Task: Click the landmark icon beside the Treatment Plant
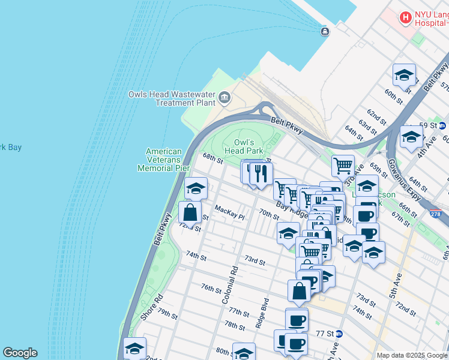pos(224,97)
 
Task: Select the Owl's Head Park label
pos(244,146)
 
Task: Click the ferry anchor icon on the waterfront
pos(325,32)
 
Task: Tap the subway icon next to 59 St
pos(442,125)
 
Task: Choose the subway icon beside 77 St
pos(339,334)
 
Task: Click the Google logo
pos(20,353)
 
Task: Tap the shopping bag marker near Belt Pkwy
pos(190,213)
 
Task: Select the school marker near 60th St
pos(405,75)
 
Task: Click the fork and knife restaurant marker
pos(261,174)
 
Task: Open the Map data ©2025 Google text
pos(412,355)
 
